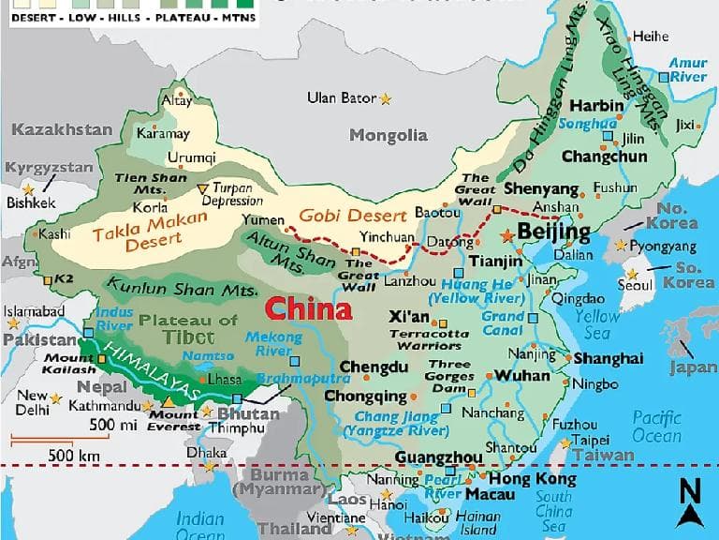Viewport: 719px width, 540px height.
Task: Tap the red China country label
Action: click(308, 308)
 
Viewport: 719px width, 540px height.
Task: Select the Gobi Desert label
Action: click(353, 215)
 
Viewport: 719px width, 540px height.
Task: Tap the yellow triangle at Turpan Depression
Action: click(202, 189)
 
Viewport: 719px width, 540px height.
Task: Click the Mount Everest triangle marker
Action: click(168, 401)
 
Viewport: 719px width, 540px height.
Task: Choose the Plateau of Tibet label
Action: click(188, 329)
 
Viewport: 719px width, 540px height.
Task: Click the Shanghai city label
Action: click(609, 358)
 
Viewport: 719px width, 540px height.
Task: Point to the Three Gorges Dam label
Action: click(450, 376)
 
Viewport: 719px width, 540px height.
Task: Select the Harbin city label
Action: click(596, 105)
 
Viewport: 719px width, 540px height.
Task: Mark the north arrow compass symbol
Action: click(691, 502)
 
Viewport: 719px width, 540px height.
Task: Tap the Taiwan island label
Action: click(604, 455)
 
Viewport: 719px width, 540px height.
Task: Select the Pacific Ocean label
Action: click(656, 427)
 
